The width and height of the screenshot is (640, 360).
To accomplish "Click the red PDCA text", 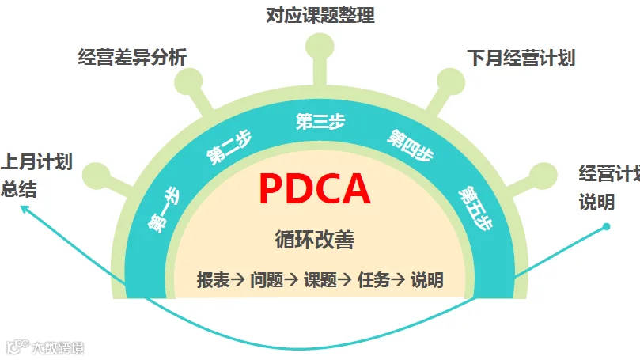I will click(x=314, y=189).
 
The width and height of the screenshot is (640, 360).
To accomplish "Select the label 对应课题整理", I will click(x=320, y=15).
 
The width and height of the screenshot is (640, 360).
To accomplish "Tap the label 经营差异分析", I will click(x=132, y=57).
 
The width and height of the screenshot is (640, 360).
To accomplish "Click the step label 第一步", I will click(x=163, y=210).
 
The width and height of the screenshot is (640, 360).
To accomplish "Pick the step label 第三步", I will click(x=320, y=122).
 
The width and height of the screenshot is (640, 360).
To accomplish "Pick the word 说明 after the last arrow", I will click(x=426, y=279).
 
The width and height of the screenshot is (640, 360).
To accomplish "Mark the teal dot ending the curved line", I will click(x=606, y=226).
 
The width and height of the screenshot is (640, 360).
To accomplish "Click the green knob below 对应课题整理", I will click(x=320, y=47).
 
